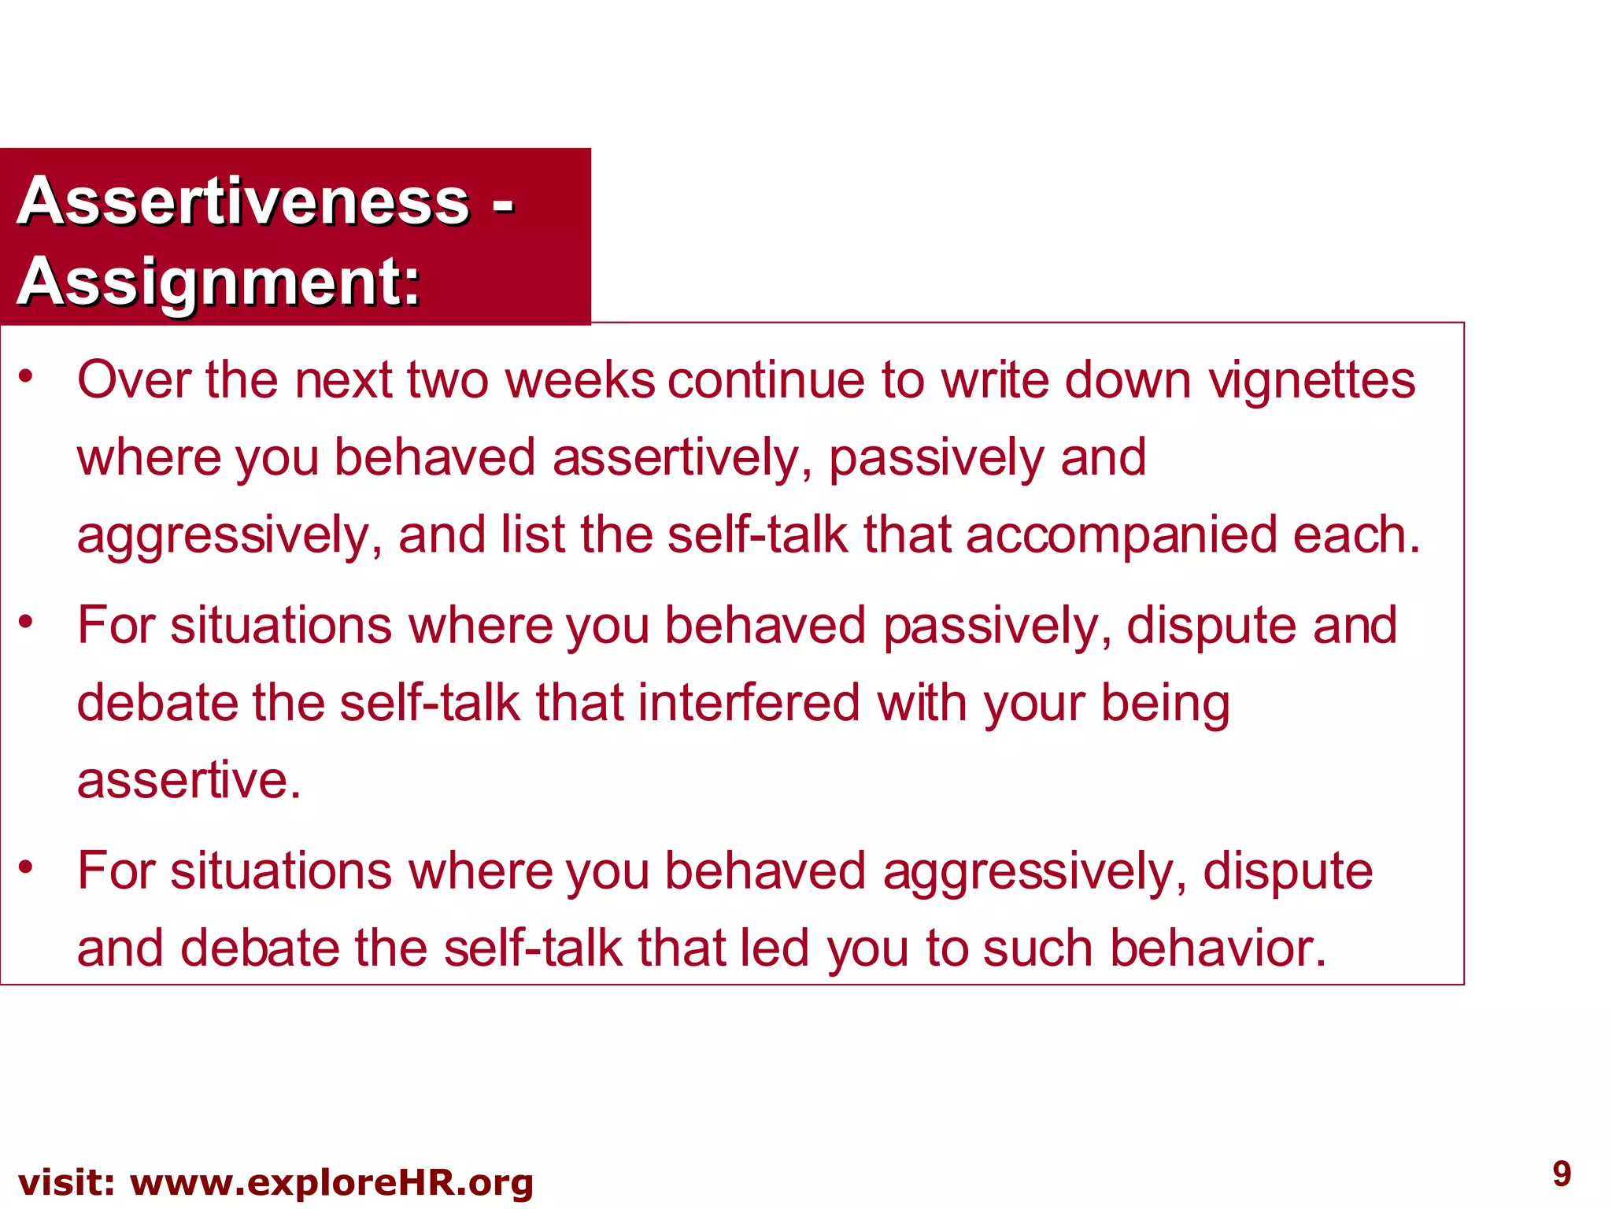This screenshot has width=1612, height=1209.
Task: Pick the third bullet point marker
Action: pos(27,867)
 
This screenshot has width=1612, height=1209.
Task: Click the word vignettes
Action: pos(1311,381)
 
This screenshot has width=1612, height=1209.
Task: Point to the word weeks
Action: pos(579,381)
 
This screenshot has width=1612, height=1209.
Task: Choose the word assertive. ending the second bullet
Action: pos(189,781)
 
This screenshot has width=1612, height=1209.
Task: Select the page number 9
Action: pos(1562,1174)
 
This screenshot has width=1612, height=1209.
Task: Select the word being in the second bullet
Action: pos(1165,704)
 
